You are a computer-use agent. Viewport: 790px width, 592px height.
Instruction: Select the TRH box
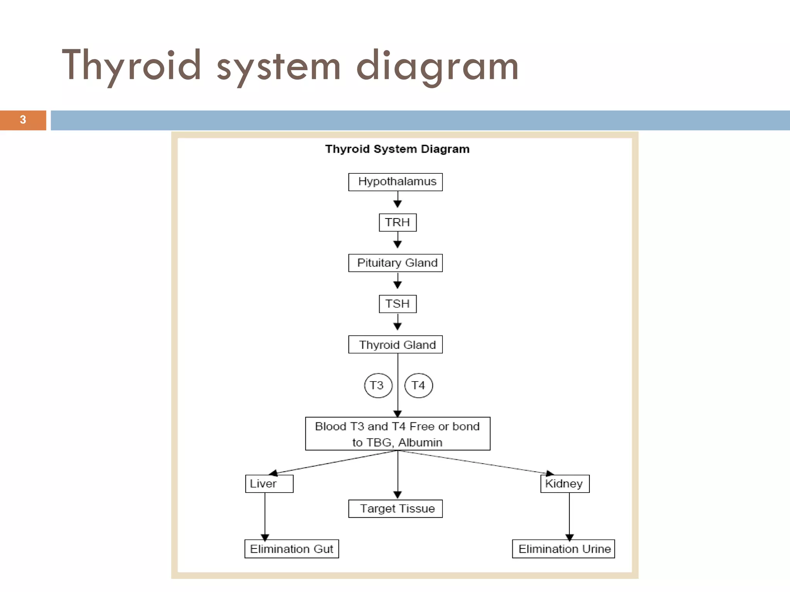[x=397, y=222]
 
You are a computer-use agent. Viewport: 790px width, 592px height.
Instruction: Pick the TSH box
[x=397, y=304]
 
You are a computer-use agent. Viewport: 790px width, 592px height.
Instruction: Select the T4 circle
[x=419, y=385]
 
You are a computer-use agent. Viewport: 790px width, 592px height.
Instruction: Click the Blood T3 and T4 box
[x=397, y=434]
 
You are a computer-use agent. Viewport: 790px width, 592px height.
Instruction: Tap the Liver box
[x=269, y=484]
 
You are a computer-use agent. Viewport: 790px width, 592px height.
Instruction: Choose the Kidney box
[x=565, y=484]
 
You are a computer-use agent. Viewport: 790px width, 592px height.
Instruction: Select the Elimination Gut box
[x=292, y=549]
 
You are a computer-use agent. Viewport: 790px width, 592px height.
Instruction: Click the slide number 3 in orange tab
[x=23, y=120]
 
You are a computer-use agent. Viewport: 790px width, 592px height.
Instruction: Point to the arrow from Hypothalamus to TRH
[x=398, y=200]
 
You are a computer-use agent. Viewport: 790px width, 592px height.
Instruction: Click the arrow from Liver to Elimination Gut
[x=265, y=516]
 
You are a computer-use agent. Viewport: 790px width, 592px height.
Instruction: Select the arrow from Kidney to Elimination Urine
[x=569, y=516]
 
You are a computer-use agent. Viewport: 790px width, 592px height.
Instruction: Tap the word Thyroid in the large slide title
[x=131, y=66]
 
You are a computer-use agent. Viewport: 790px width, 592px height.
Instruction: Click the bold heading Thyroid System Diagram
[x=397, y=149]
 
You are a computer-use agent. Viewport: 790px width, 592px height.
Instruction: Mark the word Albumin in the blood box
[x=420, y=442]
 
